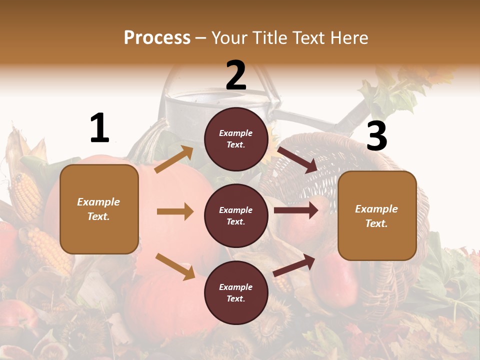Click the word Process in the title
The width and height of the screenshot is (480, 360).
pyautogui.click(x=157, y=38)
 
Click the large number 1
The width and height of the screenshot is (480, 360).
pyautogui.click(x=99, y=128)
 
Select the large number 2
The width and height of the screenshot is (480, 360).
pyautogui.click(x=236, y=75)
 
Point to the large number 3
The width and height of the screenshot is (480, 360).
pyautogui.click(x=376, y=136)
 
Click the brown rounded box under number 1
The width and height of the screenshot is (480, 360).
pyautogui.click(x=99, y=209)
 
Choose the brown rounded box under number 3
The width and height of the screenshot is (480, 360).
pyautogui.click(x=377, y=215)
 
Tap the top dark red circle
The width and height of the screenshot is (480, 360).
pyautogui.click(x=236, y=139)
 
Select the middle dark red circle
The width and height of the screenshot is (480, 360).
pyautogui.click(x=236, y=215)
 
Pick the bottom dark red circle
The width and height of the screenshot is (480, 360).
pyautogui.click(x=236, y=292)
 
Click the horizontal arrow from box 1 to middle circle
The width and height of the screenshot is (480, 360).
pyautogui.click(x=175, y=211)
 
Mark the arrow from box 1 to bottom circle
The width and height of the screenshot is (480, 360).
pyautogui.click(x=175, y=266)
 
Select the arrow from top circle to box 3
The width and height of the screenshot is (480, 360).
pyautogui.click(x=297, y=159)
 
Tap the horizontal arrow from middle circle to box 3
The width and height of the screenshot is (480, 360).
pyautogui.click(x=296, y=210)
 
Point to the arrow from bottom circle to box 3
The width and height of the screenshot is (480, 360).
pyautogui.click(x=294, y=265)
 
